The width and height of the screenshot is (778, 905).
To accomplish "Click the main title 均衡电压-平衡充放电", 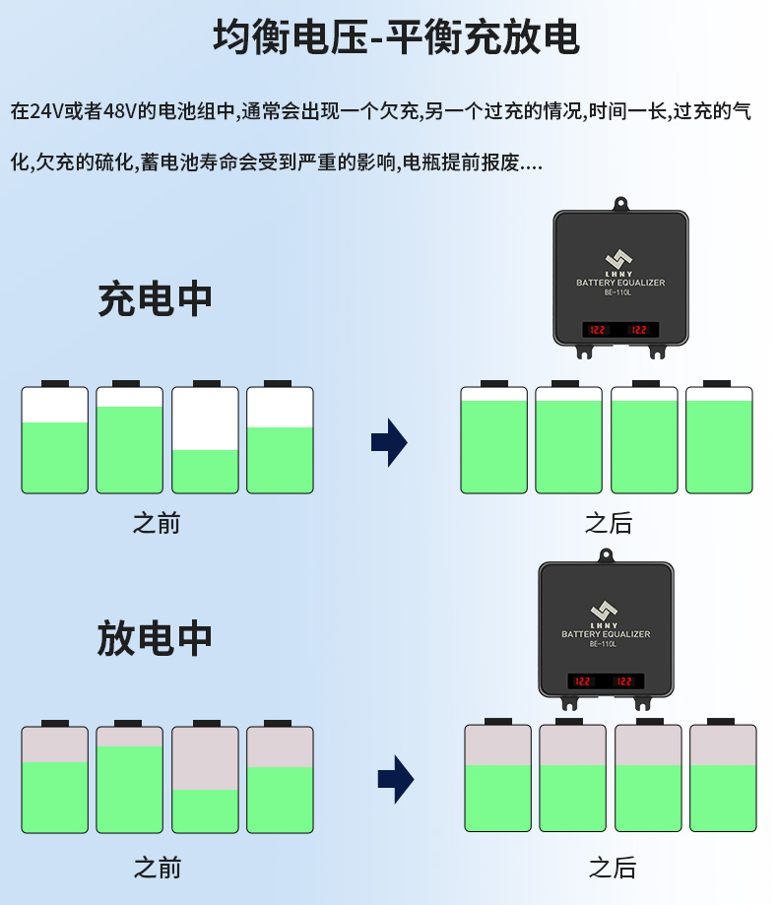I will [x=396, y=37].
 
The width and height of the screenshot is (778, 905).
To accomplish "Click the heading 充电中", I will [x=156, y=299].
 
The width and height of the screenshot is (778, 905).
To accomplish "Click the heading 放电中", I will [x=156, y=638].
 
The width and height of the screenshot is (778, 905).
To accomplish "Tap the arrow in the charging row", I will [x=389, y=442].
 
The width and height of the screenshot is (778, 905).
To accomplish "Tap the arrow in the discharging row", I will [x=395, y=780].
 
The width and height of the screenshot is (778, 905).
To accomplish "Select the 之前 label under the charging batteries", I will [x=157, y=523].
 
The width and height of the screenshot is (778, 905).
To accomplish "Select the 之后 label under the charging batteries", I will [x=608, y=523].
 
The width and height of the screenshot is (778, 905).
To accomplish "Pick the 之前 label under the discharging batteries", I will [x=158, y=868].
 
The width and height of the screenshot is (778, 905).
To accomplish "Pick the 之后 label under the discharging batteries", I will [x=613, y=868].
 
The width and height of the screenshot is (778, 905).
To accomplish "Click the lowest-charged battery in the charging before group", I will [x=205, y=440].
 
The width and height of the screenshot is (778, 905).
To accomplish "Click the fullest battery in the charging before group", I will [x=129, y=440].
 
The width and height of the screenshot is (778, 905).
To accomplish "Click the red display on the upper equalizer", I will [x=620, y=330].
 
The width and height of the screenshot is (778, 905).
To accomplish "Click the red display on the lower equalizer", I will [x=605, y=680].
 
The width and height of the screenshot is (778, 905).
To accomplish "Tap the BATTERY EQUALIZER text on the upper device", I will [x=620, y=283].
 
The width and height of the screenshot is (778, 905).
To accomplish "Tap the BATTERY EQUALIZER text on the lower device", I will [x=606, y=634].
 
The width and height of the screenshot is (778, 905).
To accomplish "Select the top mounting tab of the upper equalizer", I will [x=620, y=204].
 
